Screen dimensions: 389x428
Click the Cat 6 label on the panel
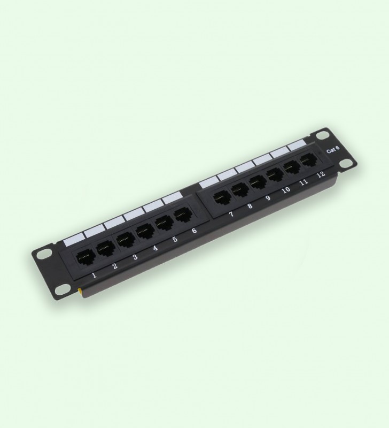333,150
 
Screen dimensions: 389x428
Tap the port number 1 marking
95,275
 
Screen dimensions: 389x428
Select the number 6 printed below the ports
194,231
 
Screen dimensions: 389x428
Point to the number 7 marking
231,214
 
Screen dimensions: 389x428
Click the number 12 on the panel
321,174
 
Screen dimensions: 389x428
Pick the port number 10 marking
286,190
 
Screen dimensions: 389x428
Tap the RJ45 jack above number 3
125,239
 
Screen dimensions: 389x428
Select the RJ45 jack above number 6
182,215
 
